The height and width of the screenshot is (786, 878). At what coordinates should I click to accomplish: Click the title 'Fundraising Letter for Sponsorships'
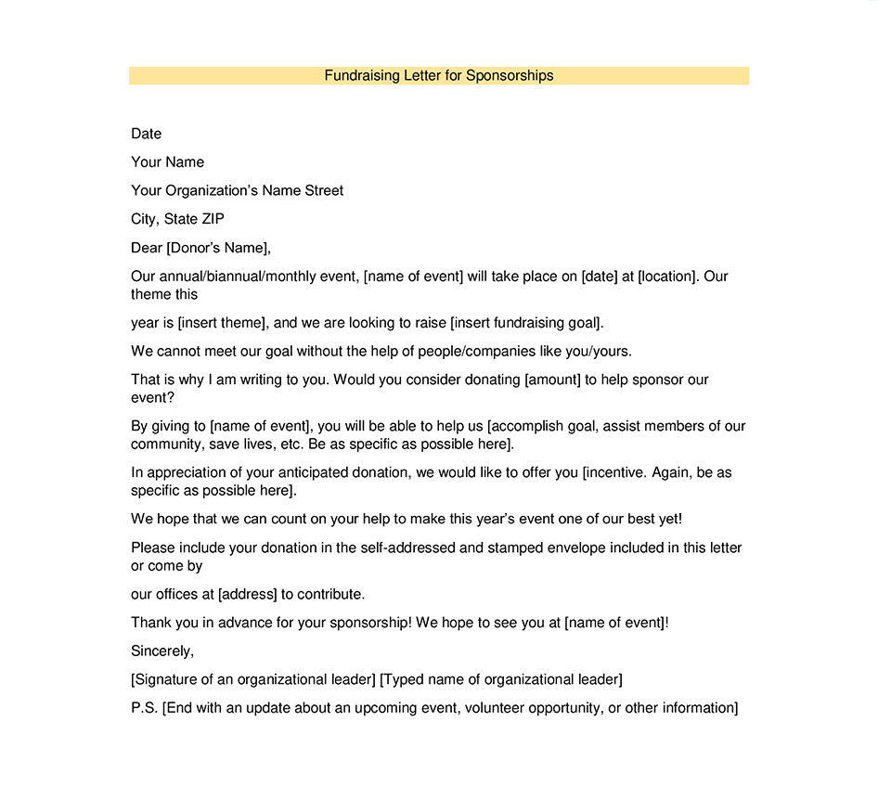click(439, 75)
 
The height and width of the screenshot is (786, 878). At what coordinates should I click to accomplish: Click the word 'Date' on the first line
click(147, 134)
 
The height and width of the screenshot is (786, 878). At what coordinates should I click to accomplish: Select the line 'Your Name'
click(167, 162)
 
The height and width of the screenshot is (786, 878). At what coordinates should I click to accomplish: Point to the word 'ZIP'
click(213, 219)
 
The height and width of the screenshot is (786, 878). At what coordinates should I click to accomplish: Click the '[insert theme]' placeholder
click(223, 323)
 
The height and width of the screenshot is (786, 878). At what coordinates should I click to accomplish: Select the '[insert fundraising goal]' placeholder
click(526, 323)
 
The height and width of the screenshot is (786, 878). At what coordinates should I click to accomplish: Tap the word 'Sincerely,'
click(162, 651)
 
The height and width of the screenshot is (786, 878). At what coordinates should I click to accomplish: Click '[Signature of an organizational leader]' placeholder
click(253, 679)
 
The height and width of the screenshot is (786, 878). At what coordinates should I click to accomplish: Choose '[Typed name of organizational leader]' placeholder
click(501, 679)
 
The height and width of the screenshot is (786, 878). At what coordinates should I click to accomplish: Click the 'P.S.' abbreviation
click(145, 708)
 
